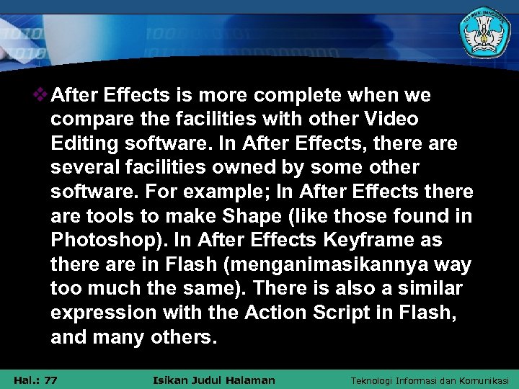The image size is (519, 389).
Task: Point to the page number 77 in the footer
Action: click(51, 380)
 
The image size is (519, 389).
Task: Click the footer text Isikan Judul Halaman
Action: click(215, 380)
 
